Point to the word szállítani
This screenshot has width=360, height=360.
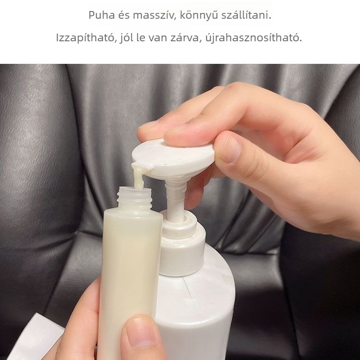(x=246, y=15)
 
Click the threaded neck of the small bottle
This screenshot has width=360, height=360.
(x=134, y=199)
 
